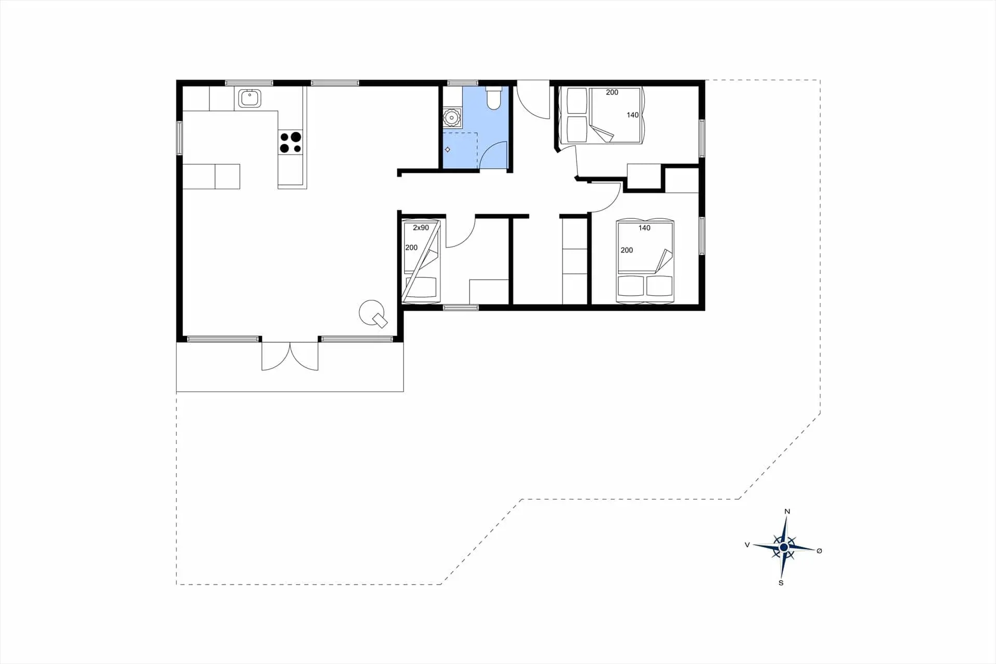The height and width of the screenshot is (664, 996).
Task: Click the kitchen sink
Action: (x=250, y=98)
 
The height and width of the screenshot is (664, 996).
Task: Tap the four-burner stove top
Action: (x=290, y=143)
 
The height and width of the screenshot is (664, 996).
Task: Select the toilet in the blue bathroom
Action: (x=493, y=99)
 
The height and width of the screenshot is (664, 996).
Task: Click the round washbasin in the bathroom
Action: (x=452, y=118)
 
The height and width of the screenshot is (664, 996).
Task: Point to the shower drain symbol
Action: (x=448, y=149)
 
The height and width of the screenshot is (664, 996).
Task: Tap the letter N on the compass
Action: (x=787, y=511)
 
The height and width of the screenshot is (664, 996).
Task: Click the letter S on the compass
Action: (x=781, y=583)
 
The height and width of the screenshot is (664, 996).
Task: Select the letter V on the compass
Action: (x=747, y=545)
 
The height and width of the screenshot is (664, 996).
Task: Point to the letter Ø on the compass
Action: (x=819, y=551)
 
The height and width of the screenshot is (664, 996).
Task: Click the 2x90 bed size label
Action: (x=421, y=228)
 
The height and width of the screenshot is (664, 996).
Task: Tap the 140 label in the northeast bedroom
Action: (x=632, y=115)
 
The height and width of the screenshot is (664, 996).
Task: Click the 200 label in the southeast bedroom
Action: (x=627, y=250)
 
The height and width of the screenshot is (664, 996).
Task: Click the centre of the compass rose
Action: (x=784, y=547)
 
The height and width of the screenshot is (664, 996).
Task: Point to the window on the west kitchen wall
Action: (x=179, y=138)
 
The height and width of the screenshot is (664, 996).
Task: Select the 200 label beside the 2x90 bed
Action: (x=411, y=247)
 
